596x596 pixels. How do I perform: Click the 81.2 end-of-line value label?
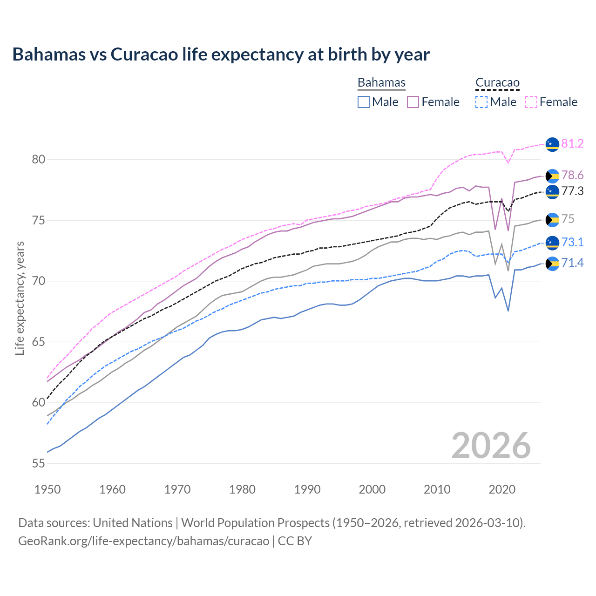572,143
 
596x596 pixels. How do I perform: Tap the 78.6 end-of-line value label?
572,175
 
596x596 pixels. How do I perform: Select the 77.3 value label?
572,191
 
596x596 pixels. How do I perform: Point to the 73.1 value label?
572,242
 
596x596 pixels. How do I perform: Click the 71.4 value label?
572,263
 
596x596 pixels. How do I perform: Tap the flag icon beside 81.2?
552,144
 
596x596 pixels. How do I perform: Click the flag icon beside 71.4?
552,264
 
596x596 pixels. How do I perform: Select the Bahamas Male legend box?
364,102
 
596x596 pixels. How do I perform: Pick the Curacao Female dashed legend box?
531,102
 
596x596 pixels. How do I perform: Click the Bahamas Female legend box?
413,102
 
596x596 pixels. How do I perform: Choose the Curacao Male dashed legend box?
481,102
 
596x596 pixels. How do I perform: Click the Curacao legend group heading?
497,83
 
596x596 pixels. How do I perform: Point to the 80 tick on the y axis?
38,159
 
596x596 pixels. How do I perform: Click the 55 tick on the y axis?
38,463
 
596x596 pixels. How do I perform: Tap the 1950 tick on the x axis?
47,489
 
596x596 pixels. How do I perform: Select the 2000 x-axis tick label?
372,489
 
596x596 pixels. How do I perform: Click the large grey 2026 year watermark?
491,446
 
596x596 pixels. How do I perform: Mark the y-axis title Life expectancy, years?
20,298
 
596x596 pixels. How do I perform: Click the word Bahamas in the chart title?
49,54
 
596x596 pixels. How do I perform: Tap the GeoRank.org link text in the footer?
143,541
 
